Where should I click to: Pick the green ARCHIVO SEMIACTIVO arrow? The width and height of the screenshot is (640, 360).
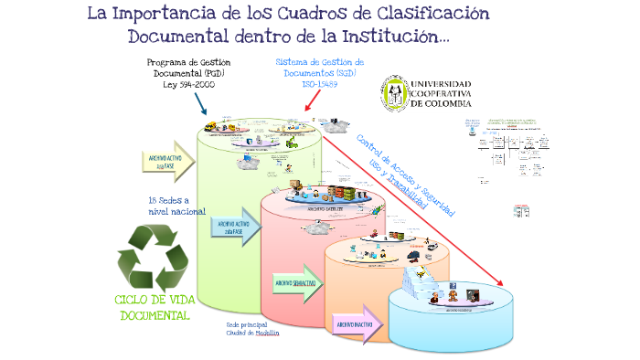point(296,282)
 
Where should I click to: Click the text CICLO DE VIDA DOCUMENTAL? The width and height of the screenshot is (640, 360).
point(153,308)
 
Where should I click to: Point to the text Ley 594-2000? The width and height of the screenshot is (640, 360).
point(188,83)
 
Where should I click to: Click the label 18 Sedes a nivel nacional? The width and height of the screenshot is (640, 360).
point(170,206)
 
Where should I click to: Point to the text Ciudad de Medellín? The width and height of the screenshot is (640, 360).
point(252,333)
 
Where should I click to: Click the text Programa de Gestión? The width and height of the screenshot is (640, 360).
point(188,61)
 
